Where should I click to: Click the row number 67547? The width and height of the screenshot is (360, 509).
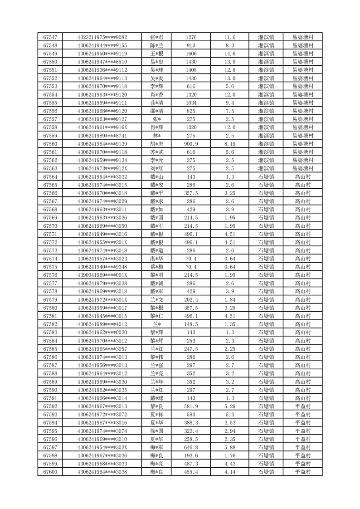tap(50, 37)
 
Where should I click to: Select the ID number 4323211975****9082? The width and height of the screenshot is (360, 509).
tap(102, 37)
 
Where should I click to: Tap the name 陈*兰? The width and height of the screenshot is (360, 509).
tap(157, 45)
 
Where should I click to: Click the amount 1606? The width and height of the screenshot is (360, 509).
tap(191, 54)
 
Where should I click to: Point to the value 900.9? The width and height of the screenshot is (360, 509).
tap(191, 144)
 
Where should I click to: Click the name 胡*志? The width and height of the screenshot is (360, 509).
tap(157, 144)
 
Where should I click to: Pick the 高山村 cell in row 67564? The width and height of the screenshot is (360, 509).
tap(302, 177)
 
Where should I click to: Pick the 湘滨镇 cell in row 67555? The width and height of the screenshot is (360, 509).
tap(266, 103)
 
